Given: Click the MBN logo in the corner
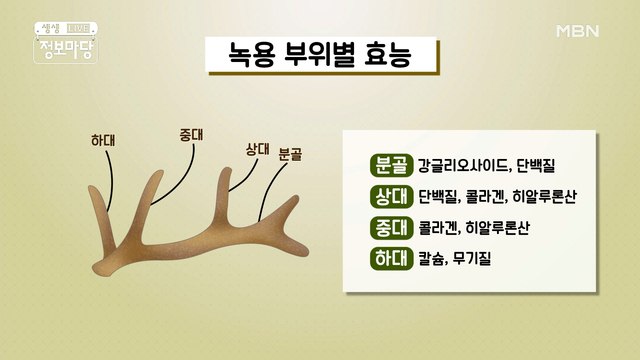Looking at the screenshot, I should click(578, 31).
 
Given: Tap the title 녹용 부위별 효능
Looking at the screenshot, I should click(322, 56).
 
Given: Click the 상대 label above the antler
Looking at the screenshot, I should click(258, 149).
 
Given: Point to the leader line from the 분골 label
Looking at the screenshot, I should click(270, 190).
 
